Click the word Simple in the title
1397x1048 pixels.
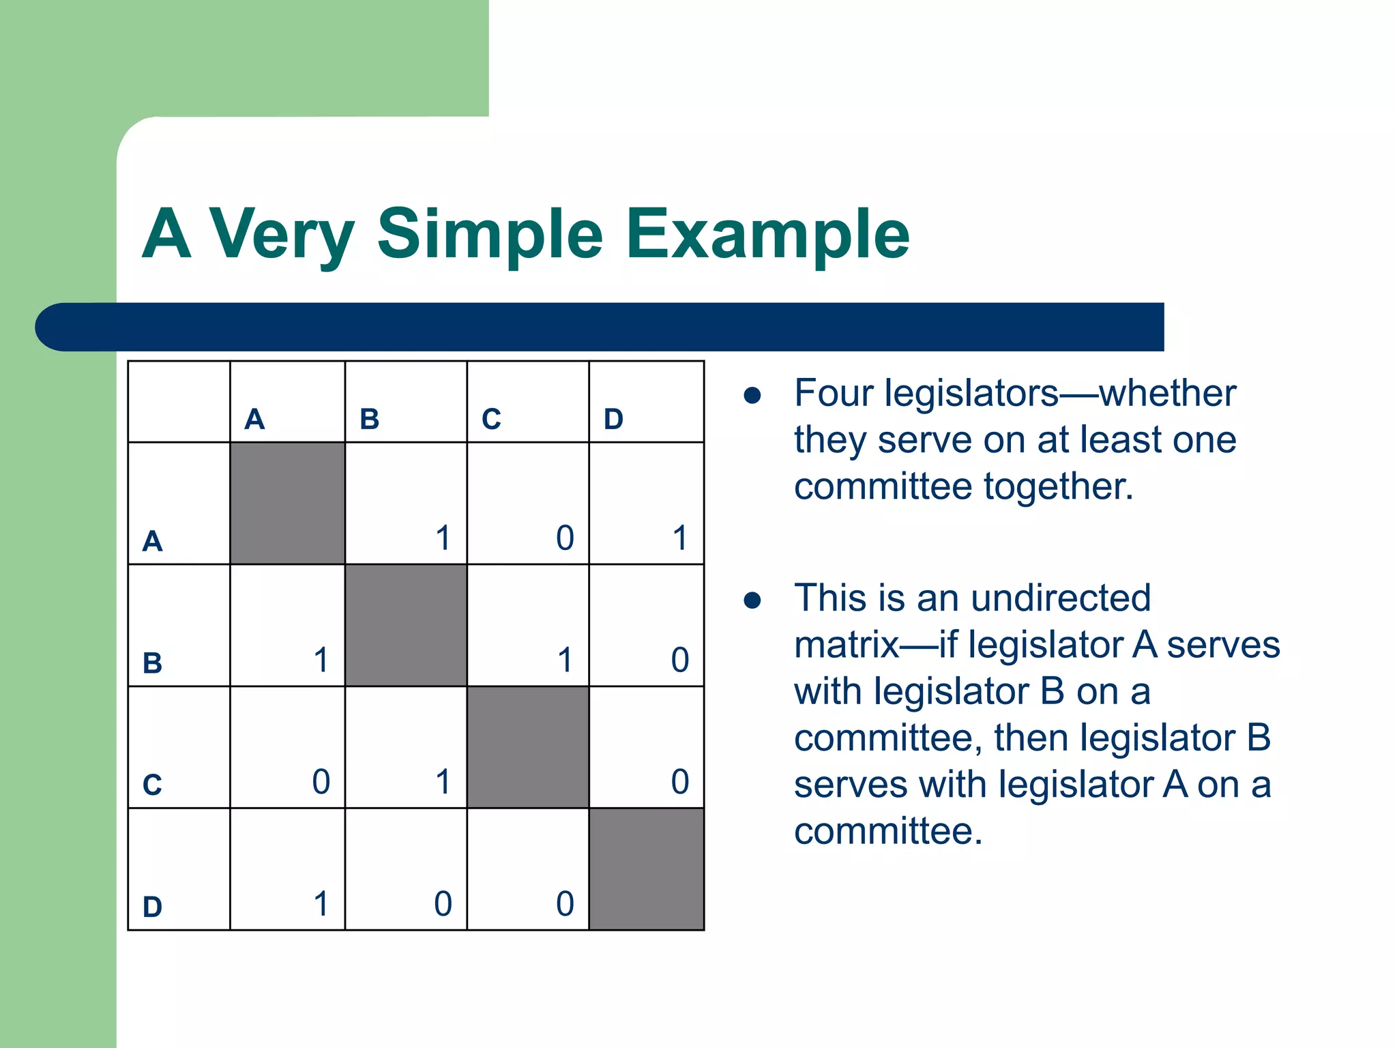click(x=489, y=235)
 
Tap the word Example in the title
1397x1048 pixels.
click(x=767, y=235)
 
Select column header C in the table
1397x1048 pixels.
click(x=491, y=419)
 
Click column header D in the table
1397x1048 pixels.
click(x=613, y=419)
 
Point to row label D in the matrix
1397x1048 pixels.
click(x=152, y=907)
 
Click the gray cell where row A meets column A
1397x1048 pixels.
click(x=287, y=503)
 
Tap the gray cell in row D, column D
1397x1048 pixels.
click(x=646, y=869)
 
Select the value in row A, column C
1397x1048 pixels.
click(x=565, y=538)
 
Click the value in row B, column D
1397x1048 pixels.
click(x=679, y=660)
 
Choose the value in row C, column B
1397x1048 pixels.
click(x=443, y=782)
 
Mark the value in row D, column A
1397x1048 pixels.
click(x=321, y=904)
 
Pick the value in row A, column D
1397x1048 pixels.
click(x=679, y=538)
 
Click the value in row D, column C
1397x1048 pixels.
click(x=565, y=904)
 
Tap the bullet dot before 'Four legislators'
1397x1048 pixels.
click(x=752, y=396)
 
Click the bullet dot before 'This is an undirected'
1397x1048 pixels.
click(x=752, y=600)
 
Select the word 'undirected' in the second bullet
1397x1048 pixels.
click(x=1060, y=598)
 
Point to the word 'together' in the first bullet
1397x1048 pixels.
click(x=1057, y=487)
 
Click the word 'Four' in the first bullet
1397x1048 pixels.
click(x=834, y=394)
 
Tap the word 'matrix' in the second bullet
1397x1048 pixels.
click(x=846, y=645)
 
